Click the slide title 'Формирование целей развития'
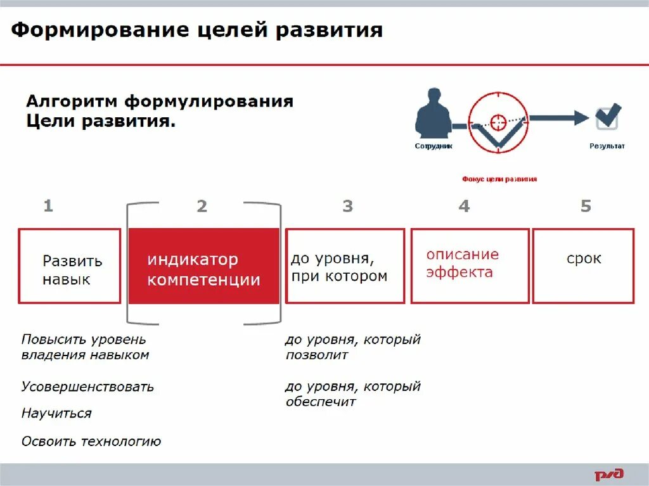click(196, 30)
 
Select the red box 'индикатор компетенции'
click(203, 266)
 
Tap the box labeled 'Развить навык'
click(70, 266)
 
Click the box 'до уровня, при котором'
click(345, 266)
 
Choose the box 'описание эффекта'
click(470, 266)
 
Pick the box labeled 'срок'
click(583, 266)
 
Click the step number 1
click(48, 206)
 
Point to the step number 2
click(202, 207)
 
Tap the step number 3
click(347, 207)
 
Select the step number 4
click(464, 207)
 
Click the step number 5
click(586, 206)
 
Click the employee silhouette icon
click(433, 114)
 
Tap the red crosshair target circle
click(498, 120)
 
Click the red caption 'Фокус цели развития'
click(499, 179)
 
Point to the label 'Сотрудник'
click(434, 146)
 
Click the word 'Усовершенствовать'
click(87, 387)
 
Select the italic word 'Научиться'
click(56, 413)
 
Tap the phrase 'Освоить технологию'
click(91, 441)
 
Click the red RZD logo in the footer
click(608, 474)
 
